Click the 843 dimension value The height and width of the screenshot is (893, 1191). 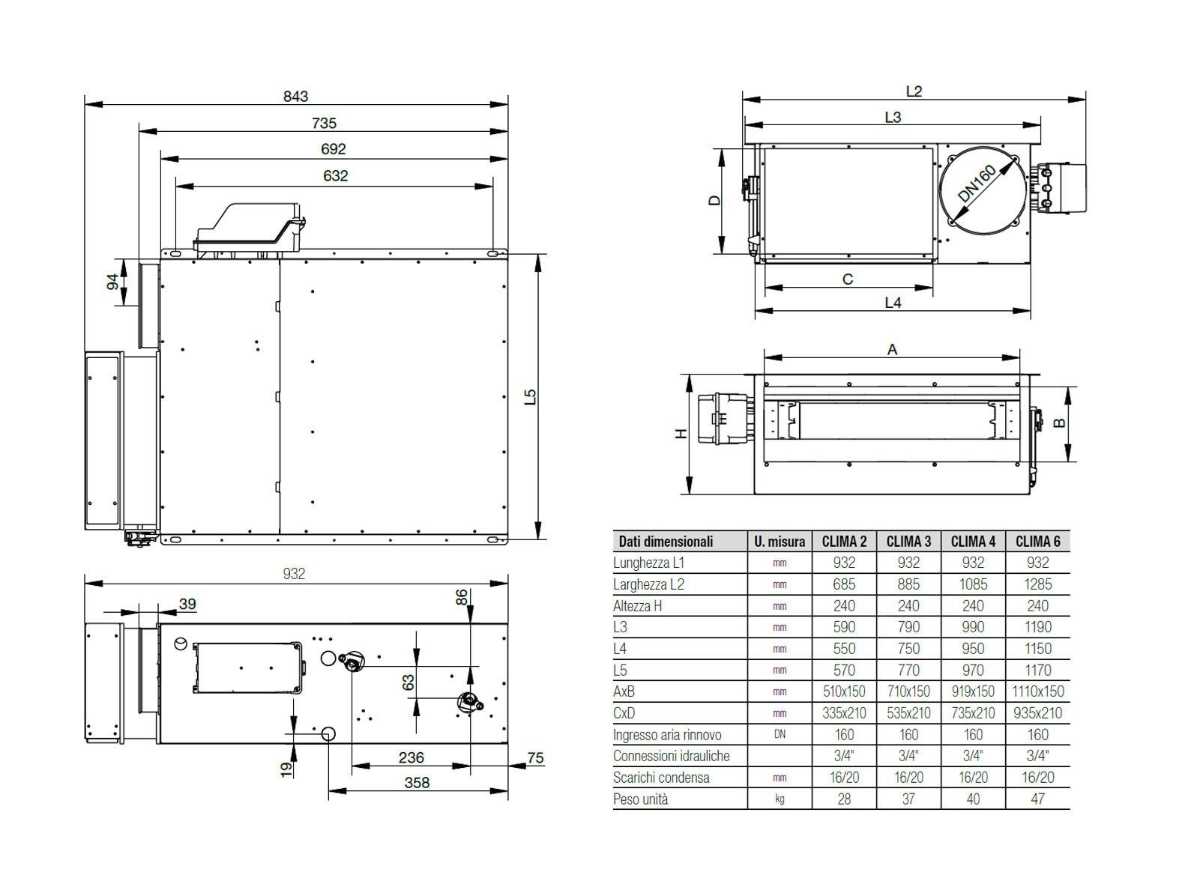click(295, 96)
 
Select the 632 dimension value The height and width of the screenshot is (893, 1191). click(335, 175)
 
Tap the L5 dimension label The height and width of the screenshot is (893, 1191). click(531, 396)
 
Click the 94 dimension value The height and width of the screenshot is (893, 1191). click(112, 282)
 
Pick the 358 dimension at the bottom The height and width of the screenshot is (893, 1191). click(417, 782)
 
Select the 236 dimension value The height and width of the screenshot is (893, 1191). click(411, 757)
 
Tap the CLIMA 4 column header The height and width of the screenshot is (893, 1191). click(973, 541)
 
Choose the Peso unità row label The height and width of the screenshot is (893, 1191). click(640, 799)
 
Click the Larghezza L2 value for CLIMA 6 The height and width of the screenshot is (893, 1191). click(1037, 584)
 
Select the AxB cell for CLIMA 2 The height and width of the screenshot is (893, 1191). click(844, 691)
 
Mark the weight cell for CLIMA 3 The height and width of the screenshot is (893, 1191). click(908, 799)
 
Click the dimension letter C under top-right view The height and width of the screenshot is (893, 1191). click(848, 279)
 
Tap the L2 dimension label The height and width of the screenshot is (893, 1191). click(913, 91)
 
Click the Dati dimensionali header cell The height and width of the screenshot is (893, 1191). click(666, 541)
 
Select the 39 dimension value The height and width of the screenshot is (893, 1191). click(187, 604)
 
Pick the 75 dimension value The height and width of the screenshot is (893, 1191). click(534, 758)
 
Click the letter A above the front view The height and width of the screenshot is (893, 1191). click(892, 349)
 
